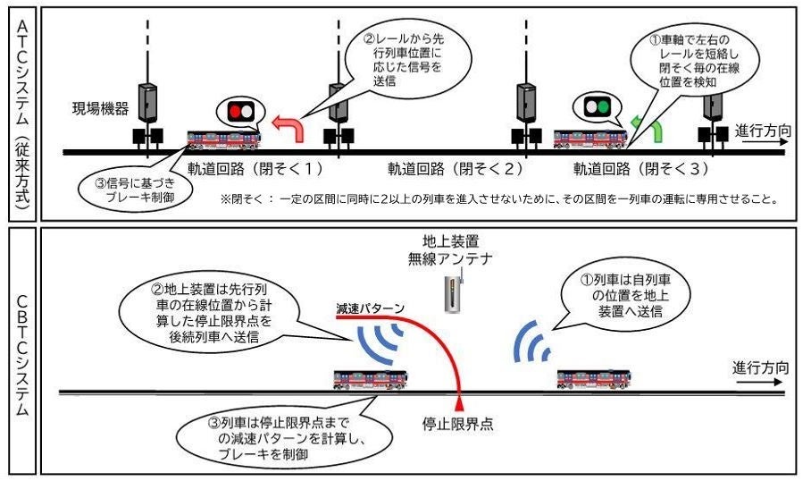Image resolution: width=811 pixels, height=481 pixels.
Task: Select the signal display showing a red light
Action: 240,112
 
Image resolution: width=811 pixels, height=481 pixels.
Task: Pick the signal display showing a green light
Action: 597,107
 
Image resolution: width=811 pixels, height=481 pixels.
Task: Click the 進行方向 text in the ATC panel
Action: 762,131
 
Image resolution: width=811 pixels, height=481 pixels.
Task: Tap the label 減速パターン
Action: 370,308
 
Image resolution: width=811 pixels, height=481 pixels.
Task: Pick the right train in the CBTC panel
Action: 593,379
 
